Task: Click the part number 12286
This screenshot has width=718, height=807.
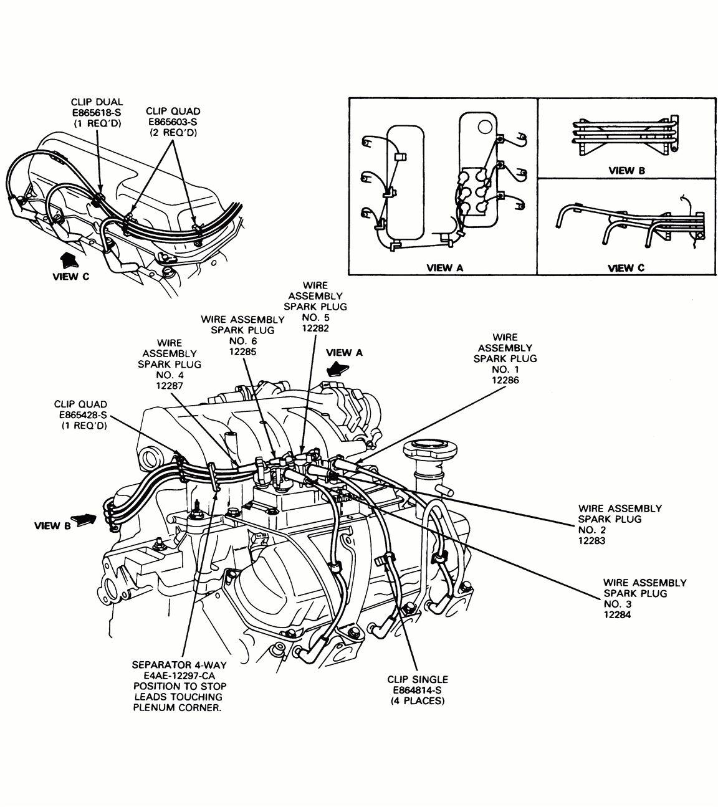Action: (505, 380)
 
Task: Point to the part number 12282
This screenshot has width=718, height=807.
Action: (315, 328)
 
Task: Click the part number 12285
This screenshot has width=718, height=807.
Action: (242, 351)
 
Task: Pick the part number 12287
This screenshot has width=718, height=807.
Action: (170, 386)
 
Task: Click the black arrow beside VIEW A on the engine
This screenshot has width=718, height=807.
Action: (339, 368)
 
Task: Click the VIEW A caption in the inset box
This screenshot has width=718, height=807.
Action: (444, 268)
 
